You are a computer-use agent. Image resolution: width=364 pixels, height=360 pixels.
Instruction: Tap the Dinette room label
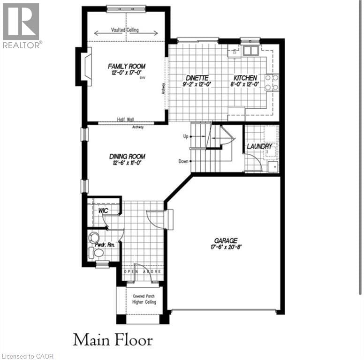[x=197, y=78]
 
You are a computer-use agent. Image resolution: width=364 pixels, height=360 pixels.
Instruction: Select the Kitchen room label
[x=246, y=78]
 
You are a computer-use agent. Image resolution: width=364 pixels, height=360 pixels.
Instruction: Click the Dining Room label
[x=127, y=157]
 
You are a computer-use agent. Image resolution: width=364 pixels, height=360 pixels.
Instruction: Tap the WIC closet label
[x=103, y=211]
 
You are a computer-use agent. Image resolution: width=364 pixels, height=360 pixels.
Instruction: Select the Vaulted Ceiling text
[x=128, y=30]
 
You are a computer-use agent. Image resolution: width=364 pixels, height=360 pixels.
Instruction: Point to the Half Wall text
[x=126, y=120]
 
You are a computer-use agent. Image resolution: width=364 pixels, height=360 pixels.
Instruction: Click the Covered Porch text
[x=144, y=296]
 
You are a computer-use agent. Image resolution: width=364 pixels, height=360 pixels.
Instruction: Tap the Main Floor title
[x=113, y=338]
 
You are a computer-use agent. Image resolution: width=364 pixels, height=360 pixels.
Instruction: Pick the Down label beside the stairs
[x=183, y=161]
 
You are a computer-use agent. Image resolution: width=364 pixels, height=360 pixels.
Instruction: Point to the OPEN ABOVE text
[x=143, y=271]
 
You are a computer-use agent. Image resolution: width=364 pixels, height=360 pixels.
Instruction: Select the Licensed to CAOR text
[x=27, y=356]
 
